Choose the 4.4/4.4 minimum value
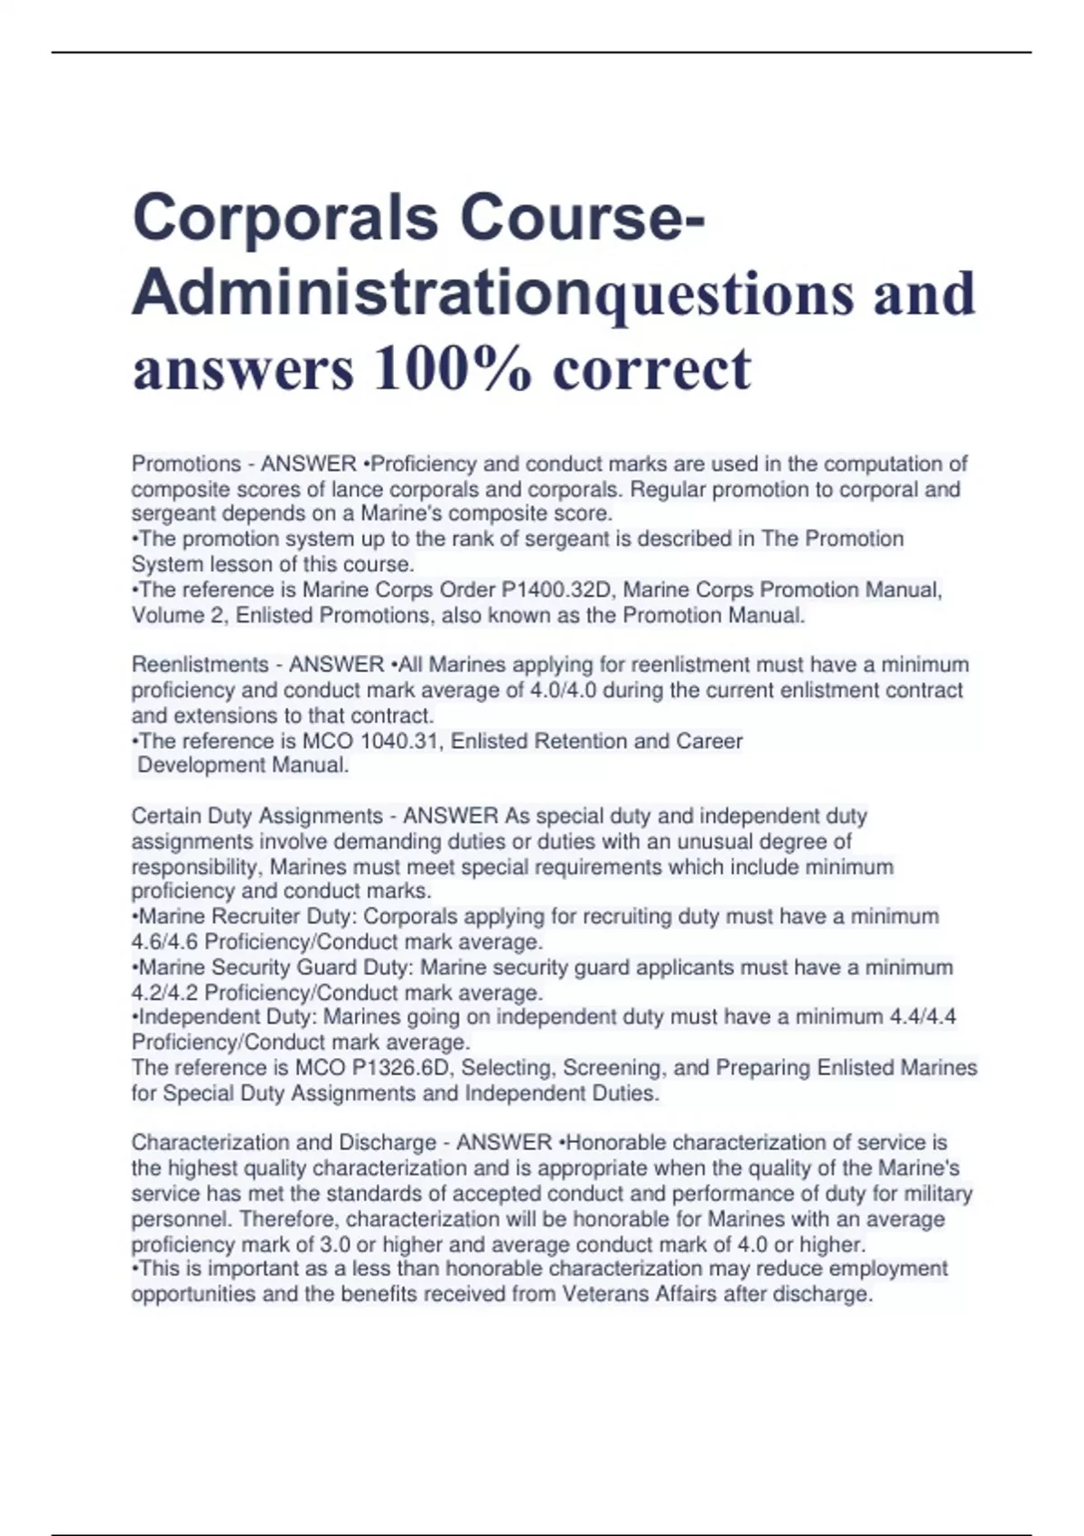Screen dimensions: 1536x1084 pyautogui.click(x=922, y=1017)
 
